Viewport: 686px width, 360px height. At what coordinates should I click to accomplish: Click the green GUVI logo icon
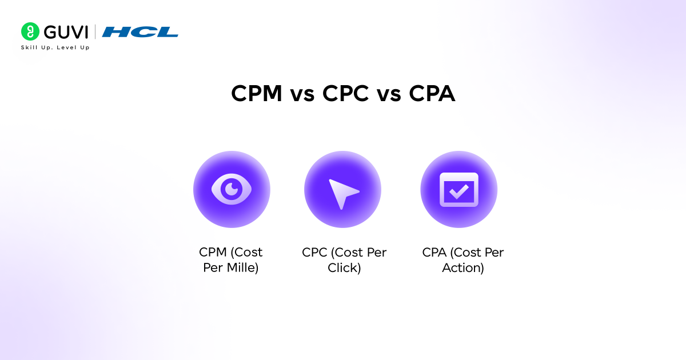point(30,31)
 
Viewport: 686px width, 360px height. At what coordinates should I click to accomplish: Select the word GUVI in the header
point(65,32)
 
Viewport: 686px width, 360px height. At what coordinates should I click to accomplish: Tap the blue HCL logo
point(140,32)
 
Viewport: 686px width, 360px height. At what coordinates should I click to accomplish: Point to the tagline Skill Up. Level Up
point(55,47)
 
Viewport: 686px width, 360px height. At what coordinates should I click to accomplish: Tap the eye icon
point(231,189)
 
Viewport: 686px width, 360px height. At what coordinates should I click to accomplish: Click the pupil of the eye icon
point(232,188)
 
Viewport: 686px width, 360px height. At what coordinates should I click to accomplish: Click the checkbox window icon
point(458,189)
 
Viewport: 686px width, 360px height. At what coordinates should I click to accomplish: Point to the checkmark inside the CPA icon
point(458,192)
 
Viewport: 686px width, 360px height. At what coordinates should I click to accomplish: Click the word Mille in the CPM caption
point(241,267)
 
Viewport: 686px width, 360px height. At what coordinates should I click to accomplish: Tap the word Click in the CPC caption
point(344,267)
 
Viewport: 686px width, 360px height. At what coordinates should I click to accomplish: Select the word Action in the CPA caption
point(463,267)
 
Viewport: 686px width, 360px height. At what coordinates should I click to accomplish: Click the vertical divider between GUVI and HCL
point(95,32)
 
